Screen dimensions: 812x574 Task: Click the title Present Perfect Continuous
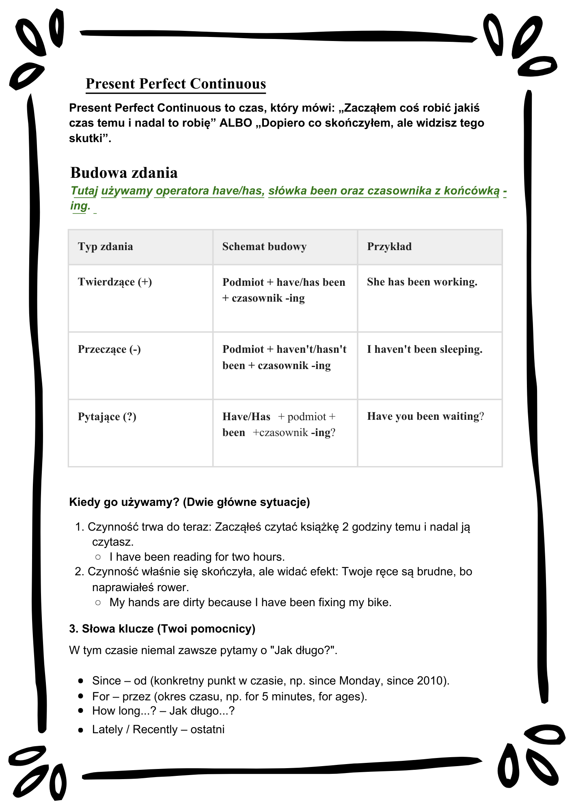click(x=176, y=84)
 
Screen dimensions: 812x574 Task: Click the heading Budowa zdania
click(x=124, y=173)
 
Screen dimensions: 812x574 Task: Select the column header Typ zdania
click(x=106, y=246)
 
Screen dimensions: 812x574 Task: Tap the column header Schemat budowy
click(x=264, y=246)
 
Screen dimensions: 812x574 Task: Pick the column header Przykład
click(x=389, y=246)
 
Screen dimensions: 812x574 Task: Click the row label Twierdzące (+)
click(x=115, y=282)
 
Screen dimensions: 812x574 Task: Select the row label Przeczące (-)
click(x=109, y=349)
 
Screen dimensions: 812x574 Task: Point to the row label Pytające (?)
click(x=107, y=417)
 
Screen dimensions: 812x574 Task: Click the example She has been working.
click(x=422, y=282)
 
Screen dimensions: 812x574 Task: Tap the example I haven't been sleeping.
click(x=425, y=349)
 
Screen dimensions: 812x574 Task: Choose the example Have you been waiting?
click(x=425, y=416)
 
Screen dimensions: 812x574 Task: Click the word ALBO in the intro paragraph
click(x=236, y=123)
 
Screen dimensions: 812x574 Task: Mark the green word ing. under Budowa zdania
click(x=80, y=205)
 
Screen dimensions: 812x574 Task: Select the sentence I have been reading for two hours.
click(x=197, y=557)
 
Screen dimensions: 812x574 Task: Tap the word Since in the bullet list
click(x=106, y=680)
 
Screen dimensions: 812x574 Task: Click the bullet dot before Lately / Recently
click(x=81, y=730)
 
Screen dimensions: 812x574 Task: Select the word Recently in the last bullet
click(x=155, y=730)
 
